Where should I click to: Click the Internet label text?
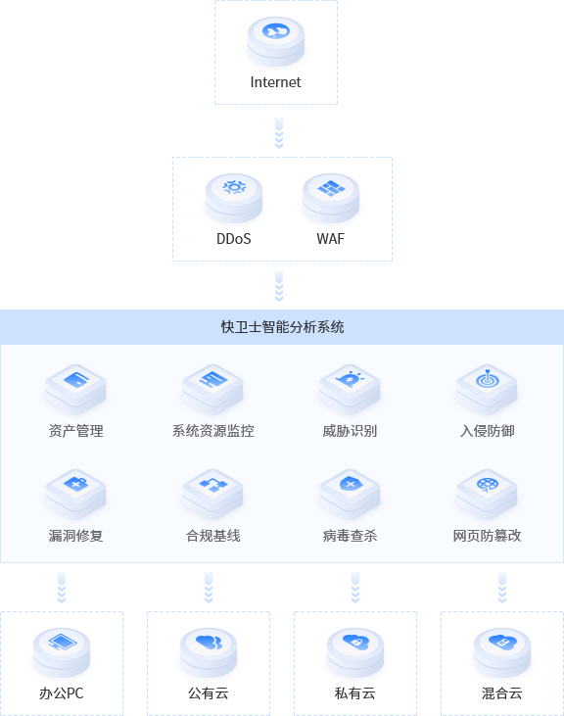click(275, 82)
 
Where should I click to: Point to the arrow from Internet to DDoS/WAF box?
click(279, 133)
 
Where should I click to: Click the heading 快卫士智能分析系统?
click(282, 327)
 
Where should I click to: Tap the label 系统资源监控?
click(213, 431)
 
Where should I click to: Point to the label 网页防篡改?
click(487, 535)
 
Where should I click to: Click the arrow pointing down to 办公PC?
click(62, 588)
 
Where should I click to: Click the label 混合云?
click(502, 693)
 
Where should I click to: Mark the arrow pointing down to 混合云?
click(502, 588)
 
